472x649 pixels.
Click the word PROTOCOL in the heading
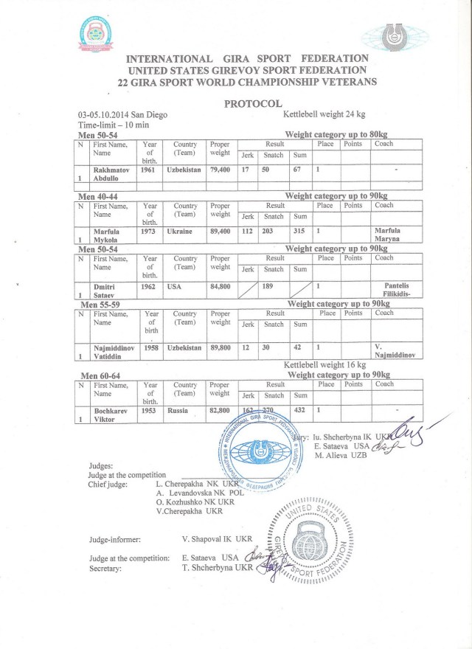click(x=252, y=104)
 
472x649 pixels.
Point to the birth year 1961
click(x=150, y=170)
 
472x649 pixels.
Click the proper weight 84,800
click(x=221, y=286)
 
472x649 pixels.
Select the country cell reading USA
click(x=175, y=286)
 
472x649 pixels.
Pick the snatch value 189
click(x=274, y=286)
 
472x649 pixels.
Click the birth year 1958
click(x=150, y=347)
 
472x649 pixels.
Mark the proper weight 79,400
click(x=221, y=170)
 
